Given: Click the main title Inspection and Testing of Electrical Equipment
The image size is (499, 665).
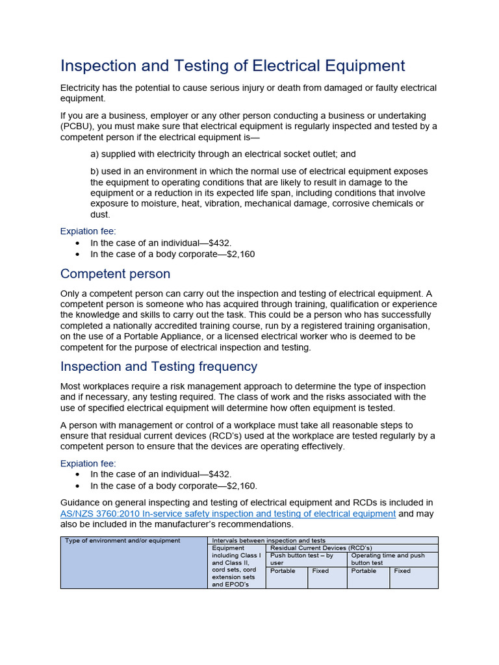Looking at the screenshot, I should [233, 66].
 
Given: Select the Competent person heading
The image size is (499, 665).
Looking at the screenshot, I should [115, 273].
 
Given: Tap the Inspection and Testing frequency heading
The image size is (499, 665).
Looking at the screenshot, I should [159, 366].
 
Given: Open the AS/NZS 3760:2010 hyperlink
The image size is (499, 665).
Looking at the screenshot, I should [227, 514].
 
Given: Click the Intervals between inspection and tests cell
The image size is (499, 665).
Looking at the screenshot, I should [269, 540].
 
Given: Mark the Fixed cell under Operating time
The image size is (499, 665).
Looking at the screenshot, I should [402, 571].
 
